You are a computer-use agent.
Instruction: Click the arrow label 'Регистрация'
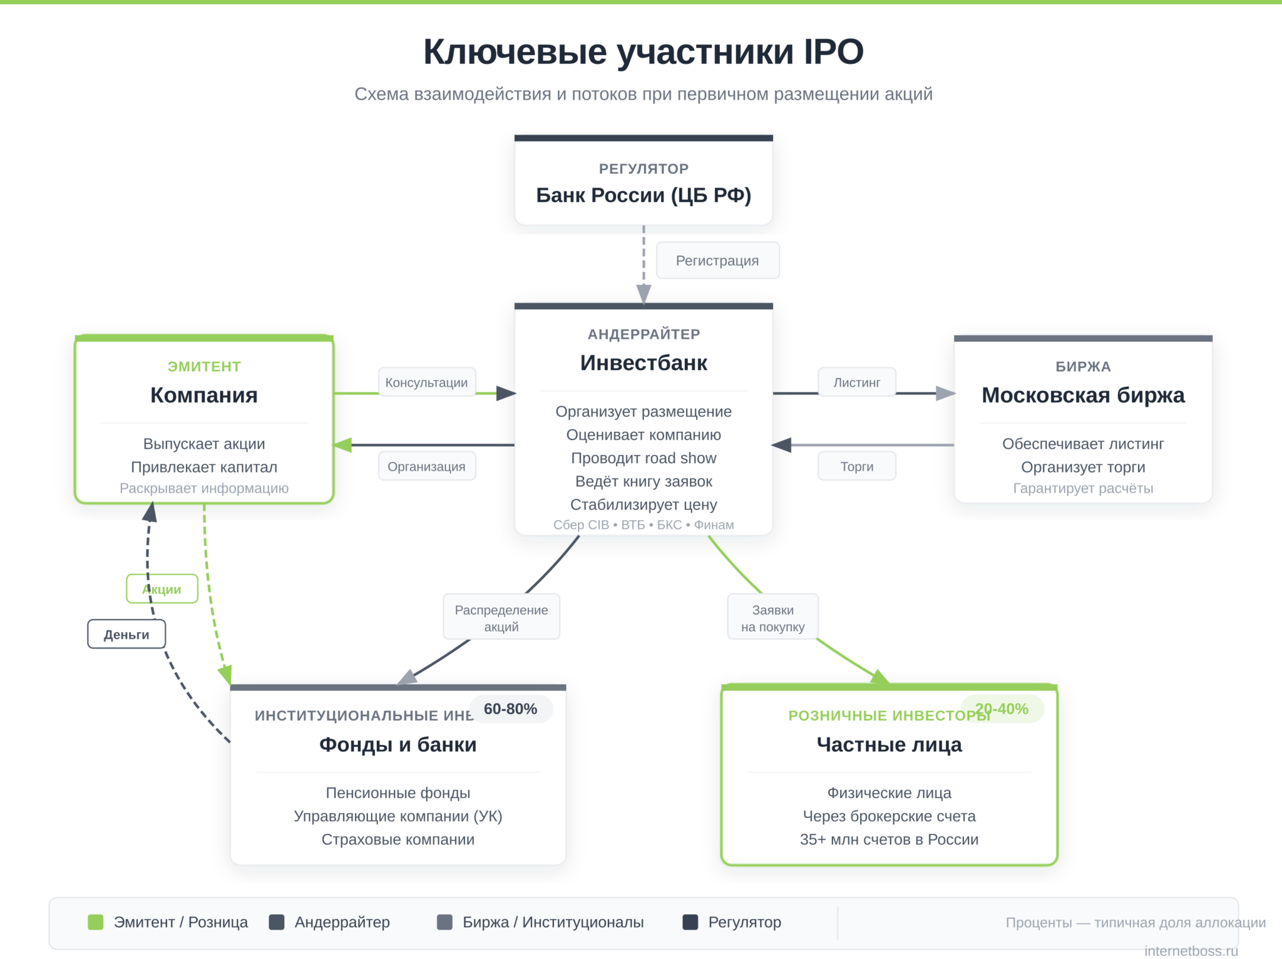[717, 260]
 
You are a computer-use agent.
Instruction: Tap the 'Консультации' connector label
[426, 382]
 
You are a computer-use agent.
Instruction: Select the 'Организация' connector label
[426, 466]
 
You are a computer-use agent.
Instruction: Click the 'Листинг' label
[856, 382]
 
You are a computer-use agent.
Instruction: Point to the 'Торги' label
[856, 466]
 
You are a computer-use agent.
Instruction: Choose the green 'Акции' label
[162, 589]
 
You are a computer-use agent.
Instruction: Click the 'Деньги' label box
[126, 634]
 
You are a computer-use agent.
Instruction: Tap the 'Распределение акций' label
[501, 618]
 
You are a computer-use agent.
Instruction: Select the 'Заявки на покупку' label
[772, 618]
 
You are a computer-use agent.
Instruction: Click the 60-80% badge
[510, 709]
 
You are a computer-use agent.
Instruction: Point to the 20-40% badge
[1002, 709]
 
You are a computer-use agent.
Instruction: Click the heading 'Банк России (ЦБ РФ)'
[644, 195]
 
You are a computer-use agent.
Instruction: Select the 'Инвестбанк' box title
[644, 363]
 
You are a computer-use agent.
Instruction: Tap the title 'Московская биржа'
[1083, 395]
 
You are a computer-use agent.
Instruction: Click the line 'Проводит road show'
[644, 458]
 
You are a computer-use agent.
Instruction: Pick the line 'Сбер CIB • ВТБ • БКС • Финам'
[644, 525]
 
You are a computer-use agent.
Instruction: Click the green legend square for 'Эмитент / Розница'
[96, 922]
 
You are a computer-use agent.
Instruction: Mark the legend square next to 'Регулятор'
[690, 922]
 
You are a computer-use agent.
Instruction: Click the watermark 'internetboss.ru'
[1191, 950]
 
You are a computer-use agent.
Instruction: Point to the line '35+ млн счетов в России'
[889, 839]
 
